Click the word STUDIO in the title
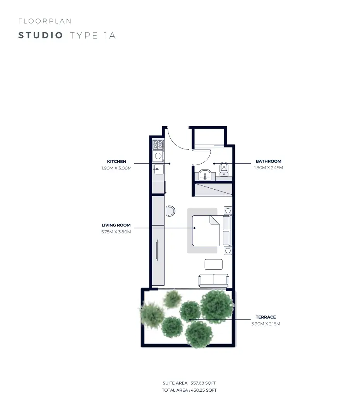[41, 36]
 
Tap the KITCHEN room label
[117, 161]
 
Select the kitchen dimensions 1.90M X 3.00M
[116, 168]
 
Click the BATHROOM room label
[268, 161]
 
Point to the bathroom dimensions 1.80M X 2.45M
[268, 168]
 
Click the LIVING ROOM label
[116, 225]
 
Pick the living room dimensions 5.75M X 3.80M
[116, 232]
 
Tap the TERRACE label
[266, 317]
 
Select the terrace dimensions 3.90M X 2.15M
[266, 324]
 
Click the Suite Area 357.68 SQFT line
[189, 383]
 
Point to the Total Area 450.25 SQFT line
[189, 390]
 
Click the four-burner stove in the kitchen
[158, 145]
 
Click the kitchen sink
[158, 169]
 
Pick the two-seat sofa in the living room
[213, 280]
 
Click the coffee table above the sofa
[214, 264]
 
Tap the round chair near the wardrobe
[170, 211]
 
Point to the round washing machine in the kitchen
[158, 156]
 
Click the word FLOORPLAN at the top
[45, 21]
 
